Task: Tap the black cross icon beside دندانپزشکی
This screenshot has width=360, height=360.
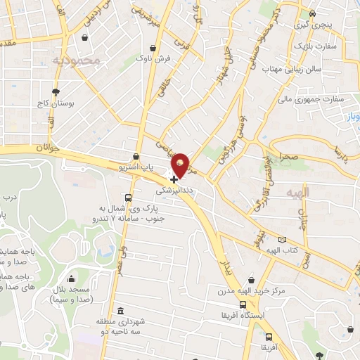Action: pos(174,179)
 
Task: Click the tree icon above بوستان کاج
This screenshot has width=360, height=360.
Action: pos(56,92)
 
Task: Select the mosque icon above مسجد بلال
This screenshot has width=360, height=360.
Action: pos(70,278)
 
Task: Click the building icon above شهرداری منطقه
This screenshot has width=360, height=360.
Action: pos(121,311)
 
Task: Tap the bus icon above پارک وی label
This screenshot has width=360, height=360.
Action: pos(127,198)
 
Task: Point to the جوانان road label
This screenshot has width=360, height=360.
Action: pos(43,148)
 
